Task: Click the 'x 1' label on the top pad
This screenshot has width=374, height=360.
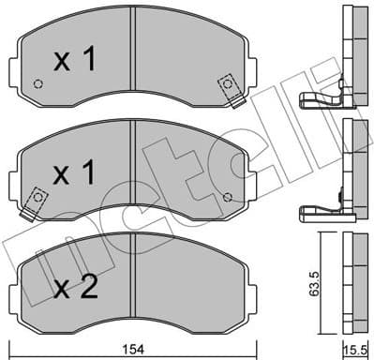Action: (x=75, y=61)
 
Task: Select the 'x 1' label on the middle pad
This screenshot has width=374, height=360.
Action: (x=75, y=174)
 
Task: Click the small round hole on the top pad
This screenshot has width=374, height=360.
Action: (x=37, y=83)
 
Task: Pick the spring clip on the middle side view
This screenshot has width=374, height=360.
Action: (x=319, y=214)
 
